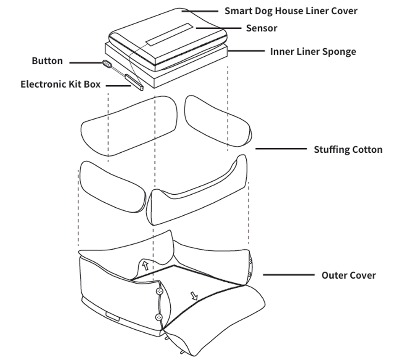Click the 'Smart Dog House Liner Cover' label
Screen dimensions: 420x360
(291, 11)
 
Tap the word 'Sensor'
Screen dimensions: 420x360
(262, 28)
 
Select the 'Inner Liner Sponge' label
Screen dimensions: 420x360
(313, 52)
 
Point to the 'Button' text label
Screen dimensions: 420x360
(47, 61)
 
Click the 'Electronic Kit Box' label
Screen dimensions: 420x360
(60, 84)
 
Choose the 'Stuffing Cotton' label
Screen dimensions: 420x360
(348, 150)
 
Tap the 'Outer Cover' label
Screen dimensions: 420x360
(349, 275)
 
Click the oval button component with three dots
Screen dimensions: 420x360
(107, 64)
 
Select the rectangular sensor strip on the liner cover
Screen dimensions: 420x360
(169, 34)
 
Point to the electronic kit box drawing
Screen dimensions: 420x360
(134, 82)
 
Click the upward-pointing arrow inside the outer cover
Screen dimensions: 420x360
(146, 265)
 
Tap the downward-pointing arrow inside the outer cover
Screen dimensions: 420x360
(194, 296)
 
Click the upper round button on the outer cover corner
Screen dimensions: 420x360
(160, 291)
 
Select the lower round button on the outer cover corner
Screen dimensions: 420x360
(159, 318)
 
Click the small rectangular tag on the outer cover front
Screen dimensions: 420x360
(113, 316)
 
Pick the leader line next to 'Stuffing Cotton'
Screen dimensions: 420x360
(281, 149)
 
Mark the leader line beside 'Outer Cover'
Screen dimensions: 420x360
(289, 275)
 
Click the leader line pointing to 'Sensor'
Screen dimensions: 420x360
(218, 28)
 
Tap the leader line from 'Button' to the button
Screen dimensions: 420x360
(86, 63)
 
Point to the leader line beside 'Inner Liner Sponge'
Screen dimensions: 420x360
(246, 50)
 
